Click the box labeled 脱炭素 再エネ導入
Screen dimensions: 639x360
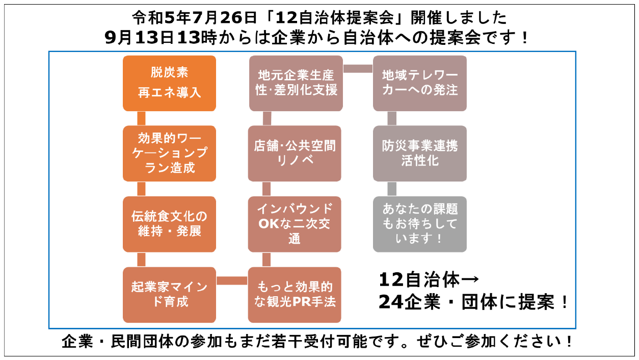tap(169, 83)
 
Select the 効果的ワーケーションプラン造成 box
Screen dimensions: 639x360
tap(169, 153)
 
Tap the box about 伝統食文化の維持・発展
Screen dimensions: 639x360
tap(169, 224)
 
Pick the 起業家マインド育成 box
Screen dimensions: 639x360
tap(169, 294)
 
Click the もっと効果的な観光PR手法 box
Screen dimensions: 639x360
tap(295, 294)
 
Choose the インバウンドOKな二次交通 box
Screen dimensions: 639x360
tap(295, 224)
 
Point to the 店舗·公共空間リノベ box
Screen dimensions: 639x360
tap(295, 153)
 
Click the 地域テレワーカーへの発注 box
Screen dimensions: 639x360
tap(420, 83)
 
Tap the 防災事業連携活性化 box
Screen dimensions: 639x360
tap(420, 153)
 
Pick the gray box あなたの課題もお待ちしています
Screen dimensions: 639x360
tap(420, 224)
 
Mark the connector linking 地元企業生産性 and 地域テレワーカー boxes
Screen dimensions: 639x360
tap(358, 69)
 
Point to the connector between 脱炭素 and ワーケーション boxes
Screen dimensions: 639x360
tap(142, 118)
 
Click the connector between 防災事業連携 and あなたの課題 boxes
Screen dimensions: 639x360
tap(392, 189)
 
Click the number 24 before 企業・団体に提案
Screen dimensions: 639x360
tap(391, 302)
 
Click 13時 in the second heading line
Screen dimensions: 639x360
tap(176, 38)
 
